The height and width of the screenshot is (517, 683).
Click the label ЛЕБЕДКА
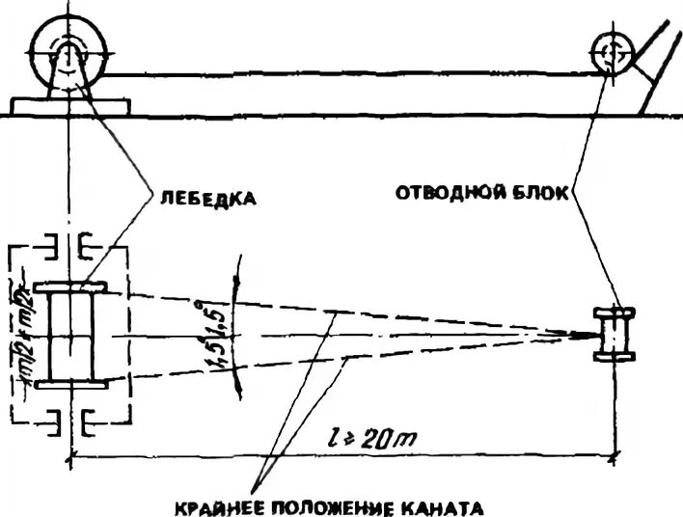coord(206,200)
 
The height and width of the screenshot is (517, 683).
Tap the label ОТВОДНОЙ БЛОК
coord(484,192)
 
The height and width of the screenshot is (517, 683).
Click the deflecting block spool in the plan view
coord(615,334)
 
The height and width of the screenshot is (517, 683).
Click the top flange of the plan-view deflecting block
coord(615,312)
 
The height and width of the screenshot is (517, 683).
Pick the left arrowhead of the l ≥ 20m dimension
coord(75,454)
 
